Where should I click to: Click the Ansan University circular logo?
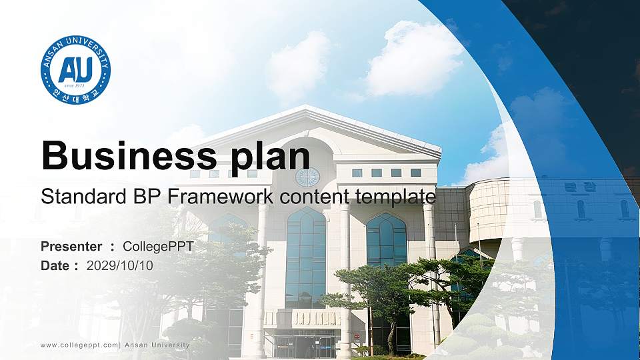coord(75,70)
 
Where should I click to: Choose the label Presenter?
coord(71,247)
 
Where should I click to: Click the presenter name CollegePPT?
coord(158,247)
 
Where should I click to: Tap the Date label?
coord(55,265)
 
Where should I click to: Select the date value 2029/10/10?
coord(119,265)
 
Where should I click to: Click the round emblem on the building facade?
coord(307,177)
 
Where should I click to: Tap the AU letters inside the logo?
coord(75,69)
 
